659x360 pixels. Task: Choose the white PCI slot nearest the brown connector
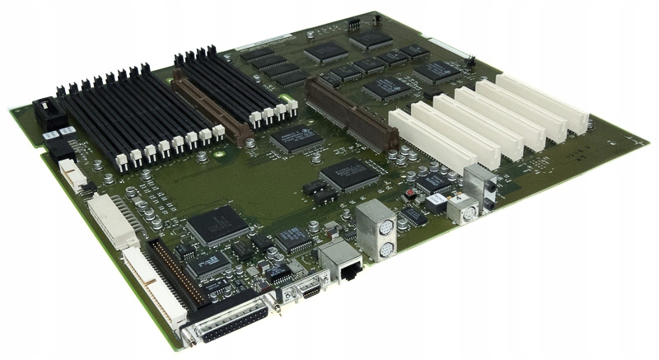coord(421,143)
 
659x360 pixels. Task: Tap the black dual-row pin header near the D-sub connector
coord(177,272)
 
